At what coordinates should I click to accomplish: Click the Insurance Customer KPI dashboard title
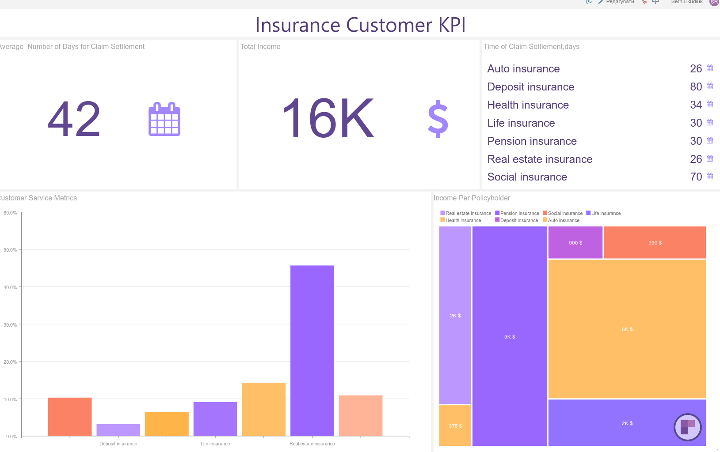(360, 25)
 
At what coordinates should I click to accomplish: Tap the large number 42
(74, 119)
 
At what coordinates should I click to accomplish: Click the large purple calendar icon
(164, 119)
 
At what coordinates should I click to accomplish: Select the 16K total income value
(328, 118)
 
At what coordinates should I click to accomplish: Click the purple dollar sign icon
(438, 119)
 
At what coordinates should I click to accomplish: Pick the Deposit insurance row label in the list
(530, 87)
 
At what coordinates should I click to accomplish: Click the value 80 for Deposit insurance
(696, 87)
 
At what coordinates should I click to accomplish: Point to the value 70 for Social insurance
(696, 177)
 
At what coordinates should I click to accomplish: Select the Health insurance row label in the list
(528, 105)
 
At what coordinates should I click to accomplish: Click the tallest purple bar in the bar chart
(312, 350)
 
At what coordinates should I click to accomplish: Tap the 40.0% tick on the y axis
(10, 287)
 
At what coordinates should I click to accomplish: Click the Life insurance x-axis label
(215, 444)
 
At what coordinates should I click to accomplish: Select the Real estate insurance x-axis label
(312, 444)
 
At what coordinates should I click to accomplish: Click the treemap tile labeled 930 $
(655, 243)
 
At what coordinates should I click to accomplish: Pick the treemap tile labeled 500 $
(575, 243)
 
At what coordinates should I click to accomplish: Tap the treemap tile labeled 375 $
(455, 426)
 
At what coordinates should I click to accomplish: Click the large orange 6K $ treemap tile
(627, 329)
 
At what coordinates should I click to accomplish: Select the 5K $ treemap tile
(510, 337)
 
